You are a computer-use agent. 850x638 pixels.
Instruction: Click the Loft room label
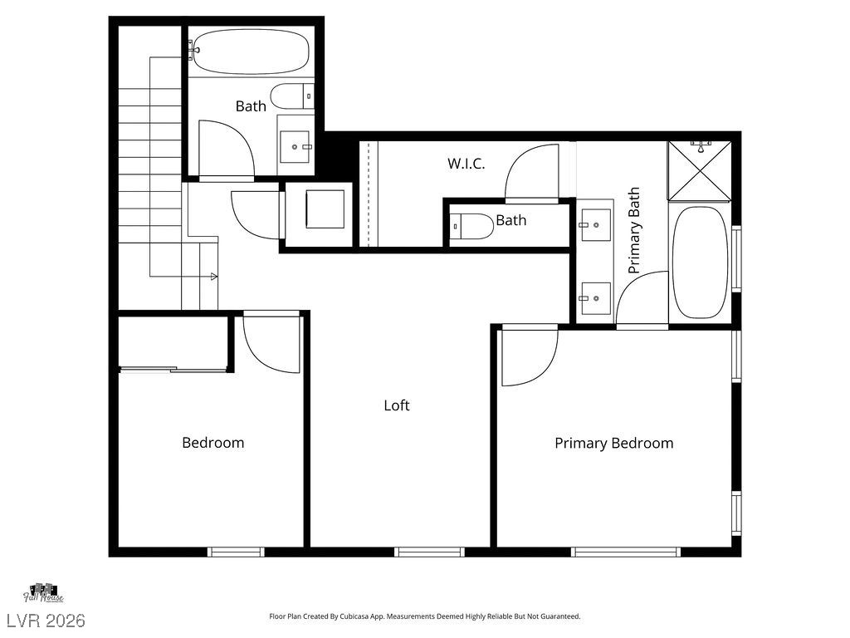pyautogui.click(x=396, y=405)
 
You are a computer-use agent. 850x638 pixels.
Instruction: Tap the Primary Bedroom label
pyautogui.click(x=613, y=444)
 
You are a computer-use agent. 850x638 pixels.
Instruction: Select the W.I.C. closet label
pyautogui.click(x=467, y=164)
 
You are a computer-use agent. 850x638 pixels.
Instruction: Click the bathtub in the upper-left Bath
pyautogui.click(x=251, y=52)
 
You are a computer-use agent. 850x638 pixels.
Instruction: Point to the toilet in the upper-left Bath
pyautogui.click(x=292, y=96)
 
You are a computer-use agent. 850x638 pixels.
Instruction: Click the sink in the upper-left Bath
pyautogui.click(x=295, y=146)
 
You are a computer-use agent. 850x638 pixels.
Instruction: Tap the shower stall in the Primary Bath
pyautogui.click(x=700, y=170)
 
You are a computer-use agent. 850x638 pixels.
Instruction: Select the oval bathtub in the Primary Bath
pyautogui.click(x=700, y=262)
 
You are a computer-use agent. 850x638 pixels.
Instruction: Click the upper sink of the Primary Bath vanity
pyautogui.click(x=595, y=224)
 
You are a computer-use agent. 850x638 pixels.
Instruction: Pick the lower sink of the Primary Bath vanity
pyautogui.click(x=595, y=298)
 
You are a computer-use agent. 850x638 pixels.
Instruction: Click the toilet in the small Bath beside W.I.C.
pyautogui.click(x=471, y=226)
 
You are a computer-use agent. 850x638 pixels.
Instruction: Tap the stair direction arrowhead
pyautogui.click(x=214, y=277)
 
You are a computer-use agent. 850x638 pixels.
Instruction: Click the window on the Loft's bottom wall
pyautogui.click(x=429, y=552)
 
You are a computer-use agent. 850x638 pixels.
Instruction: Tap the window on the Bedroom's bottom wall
pyautogui.click(x=236, y=552)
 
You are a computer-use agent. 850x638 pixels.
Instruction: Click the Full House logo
pyautogui.click(x=43, y=593)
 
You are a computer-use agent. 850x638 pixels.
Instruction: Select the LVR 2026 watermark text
pyautogui.click(x=46, y=621)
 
